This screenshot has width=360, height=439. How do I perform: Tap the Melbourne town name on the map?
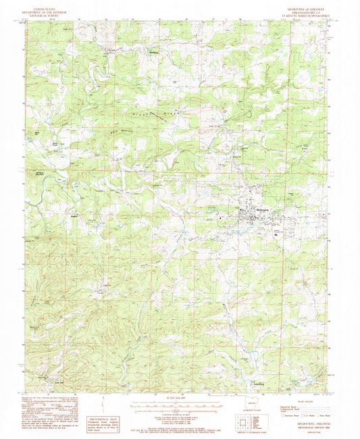248,210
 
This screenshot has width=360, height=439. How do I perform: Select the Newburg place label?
153,51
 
